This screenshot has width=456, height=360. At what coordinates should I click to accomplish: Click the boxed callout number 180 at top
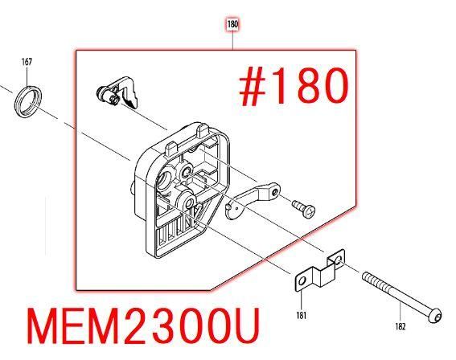[x=232, y=24]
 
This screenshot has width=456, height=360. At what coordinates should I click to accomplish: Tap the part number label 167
[x=27, y=62]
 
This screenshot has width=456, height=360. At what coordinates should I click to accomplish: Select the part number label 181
[x=302, y=315]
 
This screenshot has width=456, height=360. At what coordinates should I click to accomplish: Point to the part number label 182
[x=401, y=326]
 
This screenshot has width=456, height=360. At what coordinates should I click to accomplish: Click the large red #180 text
[x=294, y=86]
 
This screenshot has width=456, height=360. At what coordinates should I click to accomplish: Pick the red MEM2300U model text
[x=143, y=326]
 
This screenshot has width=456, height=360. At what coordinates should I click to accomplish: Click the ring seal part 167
[x=28, y=102]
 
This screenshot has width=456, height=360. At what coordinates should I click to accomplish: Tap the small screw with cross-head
[x=304, y=208]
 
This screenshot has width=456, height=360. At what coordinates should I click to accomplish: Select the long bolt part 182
[x=402, y=297]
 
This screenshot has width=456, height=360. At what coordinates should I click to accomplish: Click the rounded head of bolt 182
[x=435, y=315]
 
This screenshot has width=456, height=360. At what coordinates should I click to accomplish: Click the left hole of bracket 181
[x=302, y=281]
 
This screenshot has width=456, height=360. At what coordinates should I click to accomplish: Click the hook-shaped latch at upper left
[x=117, y=92]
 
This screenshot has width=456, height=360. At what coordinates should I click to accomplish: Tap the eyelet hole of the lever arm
[x=274, y=192]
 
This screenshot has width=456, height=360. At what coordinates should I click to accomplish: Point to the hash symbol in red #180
[x=253, y=87]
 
